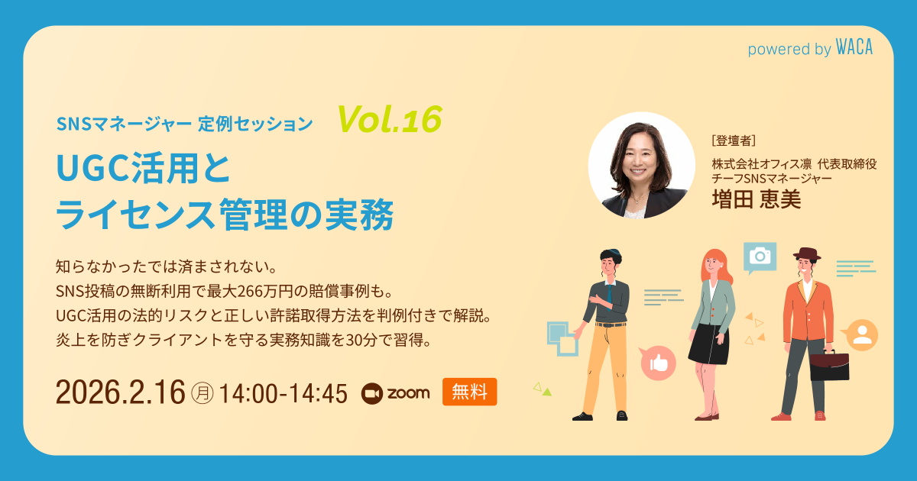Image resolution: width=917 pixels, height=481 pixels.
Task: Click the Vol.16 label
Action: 390,118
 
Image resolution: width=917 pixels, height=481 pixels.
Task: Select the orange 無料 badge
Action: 469,392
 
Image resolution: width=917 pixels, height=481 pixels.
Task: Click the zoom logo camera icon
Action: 371,392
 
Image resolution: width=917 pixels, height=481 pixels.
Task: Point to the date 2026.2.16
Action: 120,392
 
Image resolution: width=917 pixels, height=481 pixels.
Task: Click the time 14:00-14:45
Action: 283,393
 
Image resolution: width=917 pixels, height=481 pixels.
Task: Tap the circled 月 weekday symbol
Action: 202,393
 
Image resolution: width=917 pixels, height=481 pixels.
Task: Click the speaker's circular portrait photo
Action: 641,166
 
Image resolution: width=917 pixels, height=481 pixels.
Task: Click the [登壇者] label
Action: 733,140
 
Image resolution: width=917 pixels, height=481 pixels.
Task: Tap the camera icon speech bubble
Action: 760,257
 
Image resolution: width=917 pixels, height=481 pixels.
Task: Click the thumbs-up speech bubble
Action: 658,363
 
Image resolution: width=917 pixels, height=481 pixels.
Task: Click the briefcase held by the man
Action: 830,367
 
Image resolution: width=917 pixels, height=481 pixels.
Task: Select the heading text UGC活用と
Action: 143,168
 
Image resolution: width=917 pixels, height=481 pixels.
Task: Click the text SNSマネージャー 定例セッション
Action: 184,123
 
